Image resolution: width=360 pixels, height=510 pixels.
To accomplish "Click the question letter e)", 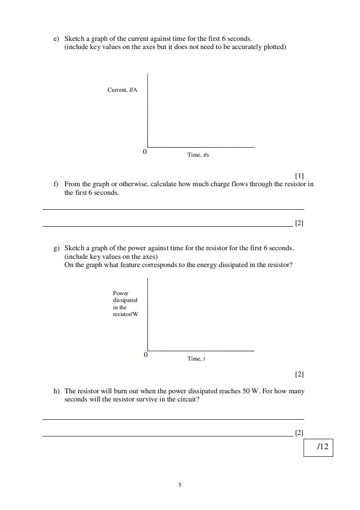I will [56, 39].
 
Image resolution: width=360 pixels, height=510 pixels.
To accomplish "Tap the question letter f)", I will [56, 184].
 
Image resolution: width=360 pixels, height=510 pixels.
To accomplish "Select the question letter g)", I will [56, 248].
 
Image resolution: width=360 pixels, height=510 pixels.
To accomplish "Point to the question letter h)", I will [56, 391].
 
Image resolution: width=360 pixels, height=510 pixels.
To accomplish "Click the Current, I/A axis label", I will [122, 90].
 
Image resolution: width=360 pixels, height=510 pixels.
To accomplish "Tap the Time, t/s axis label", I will [198, 155].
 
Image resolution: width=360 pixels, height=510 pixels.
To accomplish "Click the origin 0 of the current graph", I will [145, 152].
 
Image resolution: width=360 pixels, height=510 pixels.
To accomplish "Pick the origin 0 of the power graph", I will [145, 355].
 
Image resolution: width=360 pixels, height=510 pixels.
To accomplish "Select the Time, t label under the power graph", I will [196, 359].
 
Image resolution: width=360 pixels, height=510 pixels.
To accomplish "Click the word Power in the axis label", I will [121, 293].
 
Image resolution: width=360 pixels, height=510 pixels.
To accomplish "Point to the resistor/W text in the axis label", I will [125, 314].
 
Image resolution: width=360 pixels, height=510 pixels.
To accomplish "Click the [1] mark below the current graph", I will [299, 175].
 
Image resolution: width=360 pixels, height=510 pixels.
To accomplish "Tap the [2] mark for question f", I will [299, 223].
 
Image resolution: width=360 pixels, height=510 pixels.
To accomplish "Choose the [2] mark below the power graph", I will [299, 374].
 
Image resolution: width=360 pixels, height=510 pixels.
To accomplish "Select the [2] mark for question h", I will [299, 433].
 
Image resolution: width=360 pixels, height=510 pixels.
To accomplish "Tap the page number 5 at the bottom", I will [180, 485].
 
